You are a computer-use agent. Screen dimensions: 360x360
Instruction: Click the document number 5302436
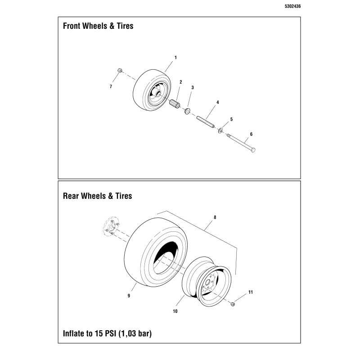292,6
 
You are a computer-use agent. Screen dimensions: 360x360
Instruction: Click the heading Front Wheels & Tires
98,26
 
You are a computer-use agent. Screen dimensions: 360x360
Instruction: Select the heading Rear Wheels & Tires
97,196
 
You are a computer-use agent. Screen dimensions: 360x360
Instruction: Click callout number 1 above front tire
175,58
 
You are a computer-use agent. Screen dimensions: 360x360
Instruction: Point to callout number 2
181,82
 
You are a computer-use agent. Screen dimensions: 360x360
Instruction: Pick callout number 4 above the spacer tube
218,103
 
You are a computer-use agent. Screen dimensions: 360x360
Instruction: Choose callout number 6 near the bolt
251,134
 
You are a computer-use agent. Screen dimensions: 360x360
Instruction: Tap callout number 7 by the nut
111,86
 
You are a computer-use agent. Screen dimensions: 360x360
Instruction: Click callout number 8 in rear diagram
215,217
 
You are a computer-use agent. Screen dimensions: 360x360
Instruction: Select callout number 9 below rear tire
129,296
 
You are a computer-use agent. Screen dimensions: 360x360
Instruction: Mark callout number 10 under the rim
175,311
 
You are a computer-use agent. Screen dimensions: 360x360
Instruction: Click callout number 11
251,292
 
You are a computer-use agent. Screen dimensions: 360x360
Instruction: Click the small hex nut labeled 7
120,70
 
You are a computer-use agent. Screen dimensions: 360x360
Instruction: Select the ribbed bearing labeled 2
175,104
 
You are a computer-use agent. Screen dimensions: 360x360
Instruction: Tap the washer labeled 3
187,111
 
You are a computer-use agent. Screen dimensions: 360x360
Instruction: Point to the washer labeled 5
220,131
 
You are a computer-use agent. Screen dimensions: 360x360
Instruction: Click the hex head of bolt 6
253,150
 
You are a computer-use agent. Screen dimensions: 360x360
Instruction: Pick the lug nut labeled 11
233,304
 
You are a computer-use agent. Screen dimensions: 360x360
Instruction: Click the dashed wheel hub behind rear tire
111,226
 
